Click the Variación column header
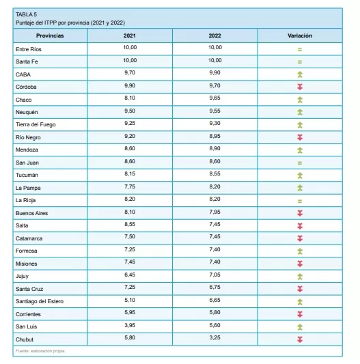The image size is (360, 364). tap(300, 36)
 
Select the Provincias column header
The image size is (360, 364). tap(50, 36)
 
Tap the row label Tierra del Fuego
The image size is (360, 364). tap(36, 125)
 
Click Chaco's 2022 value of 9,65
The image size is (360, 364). tap(214, 98)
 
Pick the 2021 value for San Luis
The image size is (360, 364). tap(130, 326)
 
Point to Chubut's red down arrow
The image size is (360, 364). tap(300, 339)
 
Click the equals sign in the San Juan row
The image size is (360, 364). tap(300, 163)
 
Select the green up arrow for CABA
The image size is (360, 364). tap(300, 74)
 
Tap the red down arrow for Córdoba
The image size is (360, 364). tap(300, 87)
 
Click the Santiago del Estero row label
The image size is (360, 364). tap(40, 302)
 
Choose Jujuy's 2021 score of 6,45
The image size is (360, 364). tap(130, 275)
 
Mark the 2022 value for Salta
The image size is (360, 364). tap(214, 225)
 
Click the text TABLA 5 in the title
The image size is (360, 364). tap(26, 14)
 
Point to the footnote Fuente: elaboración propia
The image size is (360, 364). tap(41, 351)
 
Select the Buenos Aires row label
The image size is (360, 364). tap(32, 213)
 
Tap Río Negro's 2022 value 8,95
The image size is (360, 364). tap(214, 137)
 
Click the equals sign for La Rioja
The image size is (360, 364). tap(300, 201)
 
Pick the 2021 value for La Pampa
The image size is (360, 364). tap(130, 187)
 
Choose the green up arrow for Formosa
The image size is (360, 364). tap(300, 251)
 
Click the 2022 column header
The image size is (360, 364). tap(214, 36)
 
